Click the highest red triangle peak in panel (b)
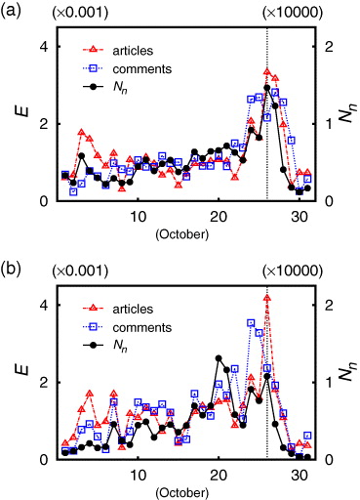pos(267,297)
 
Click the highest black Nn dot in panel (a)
pos(267,88)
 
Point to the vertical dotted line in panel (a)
pos(267,146)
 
